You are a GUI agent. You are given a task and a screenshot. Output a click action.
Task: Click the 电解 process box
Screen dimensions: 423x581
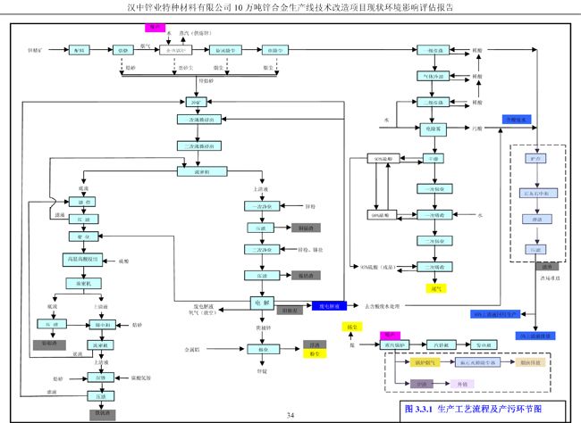[262, 303]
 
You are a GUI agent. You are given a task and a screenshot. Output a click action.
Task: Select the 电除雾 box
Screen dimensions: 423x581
[432, 129]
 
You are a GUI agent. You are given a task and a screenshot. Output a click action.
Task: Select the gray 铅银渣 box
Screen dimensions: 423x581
[44, 342]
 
